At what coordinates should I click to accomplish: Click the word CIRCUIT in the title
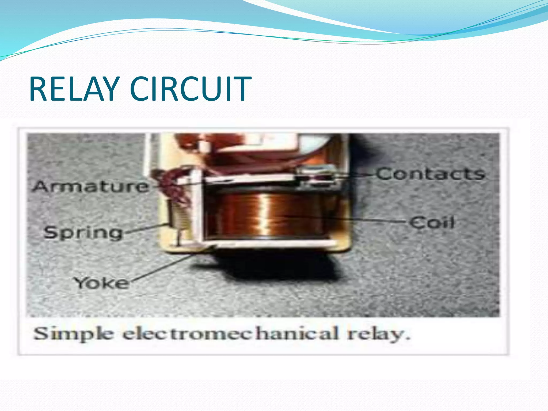tap(191, 89)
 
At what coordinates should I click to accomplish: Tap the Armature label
tap(90, 187)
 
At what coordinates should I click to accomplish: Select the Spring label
tap(83, 233)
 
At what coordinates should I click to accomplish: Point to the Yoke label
tap(101, 283)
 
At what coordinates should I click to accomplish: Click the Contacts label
tap(431, 174)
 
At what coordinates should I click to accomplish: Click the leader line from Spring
tap(144, 229)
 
